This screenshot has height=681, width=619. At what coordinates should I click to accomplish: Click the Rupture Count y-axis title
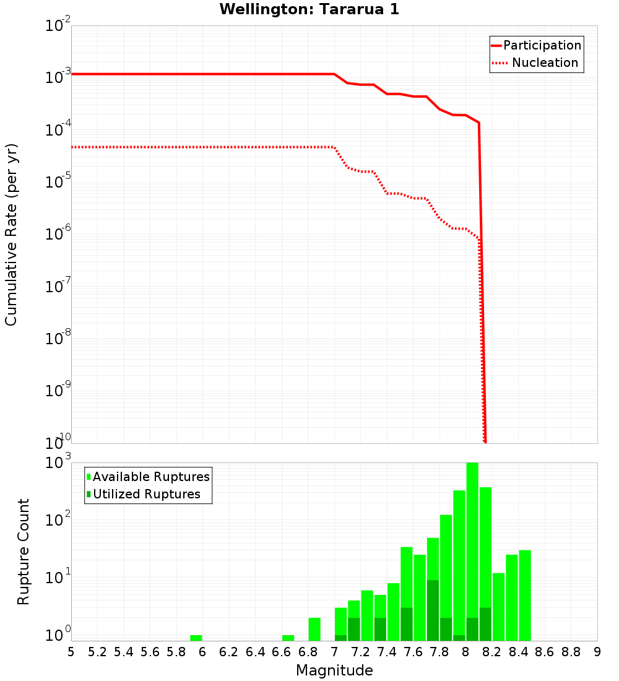pos(24,551)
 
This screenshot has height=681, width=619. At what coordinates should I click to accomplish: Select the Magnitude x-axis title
pos(334,670)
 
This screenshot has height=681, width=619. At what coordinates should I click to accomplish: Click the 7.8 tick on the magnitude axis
pos(439,652)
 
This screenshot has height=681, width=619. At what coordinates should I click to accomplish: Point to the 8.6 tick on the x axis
pos(545,652)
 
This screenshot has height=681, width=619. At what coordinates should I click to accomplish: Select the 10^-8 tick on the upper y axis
pos(59,339)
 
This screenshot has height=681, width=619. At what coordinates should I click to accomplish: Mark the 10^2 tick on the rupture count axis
pos(59,519)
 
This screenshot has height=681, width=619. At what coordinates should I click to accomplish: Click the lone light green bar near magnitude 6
pos(196,638)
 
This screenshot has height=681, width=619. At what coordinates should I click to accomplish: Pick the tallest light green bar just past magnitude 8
pos(472,551)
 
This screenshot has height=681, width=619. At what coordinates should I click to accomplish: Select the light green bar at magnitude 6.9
pos(314,629)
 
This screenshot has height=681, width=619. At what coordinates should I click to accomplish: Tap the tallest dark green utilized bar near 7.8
pos(433,610)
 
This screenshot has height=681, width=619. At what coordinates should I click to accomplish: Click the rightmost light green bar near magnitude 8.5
pos(525,594)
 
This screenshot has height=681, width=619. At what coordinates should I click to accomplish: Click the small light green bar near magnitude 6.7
pos(288,638)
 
